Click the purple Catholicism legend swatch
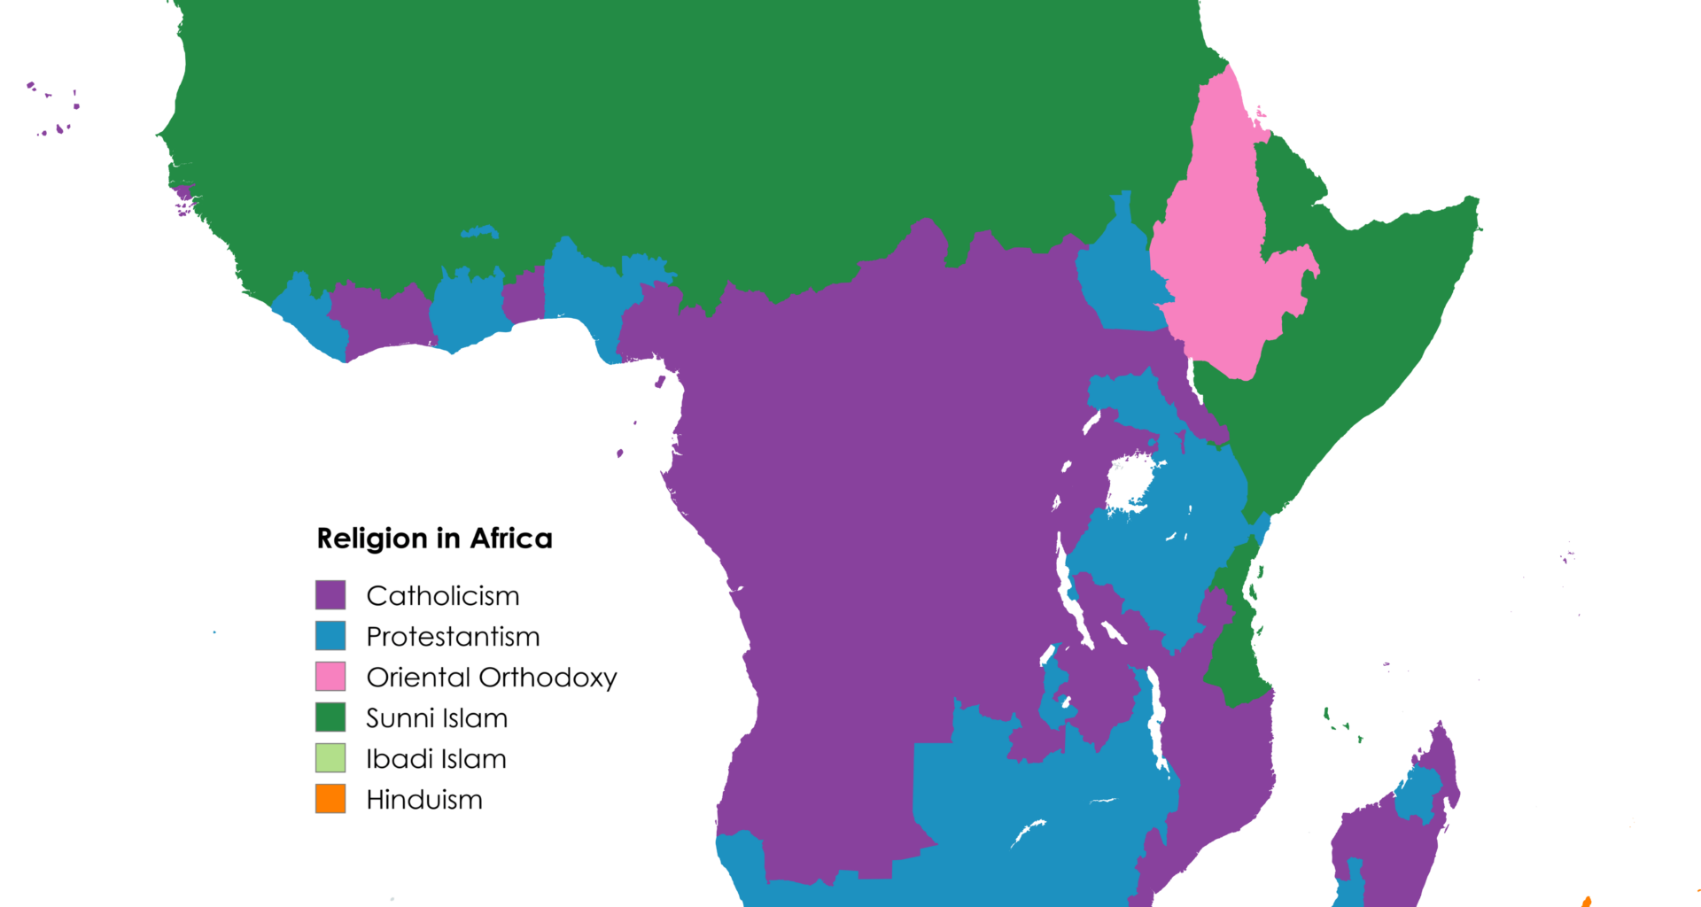click(330, 594)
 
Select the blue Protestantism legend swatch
click(330, 635)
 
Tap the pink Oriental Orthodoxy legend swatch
click(330, 676)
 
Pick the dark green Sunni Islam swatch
click(330, 717)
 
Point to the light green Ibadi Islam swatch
click(330, 757)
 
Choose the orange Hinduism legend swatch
click(330, 798)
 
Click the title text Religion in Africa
click(434, 538)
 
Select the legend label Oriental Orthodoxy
click(491, 677)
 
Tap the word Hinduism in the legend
click(423, 799)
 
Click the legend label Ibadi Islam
click(435, 758)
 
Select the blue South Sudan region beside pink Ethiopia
click(1121, 275)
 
